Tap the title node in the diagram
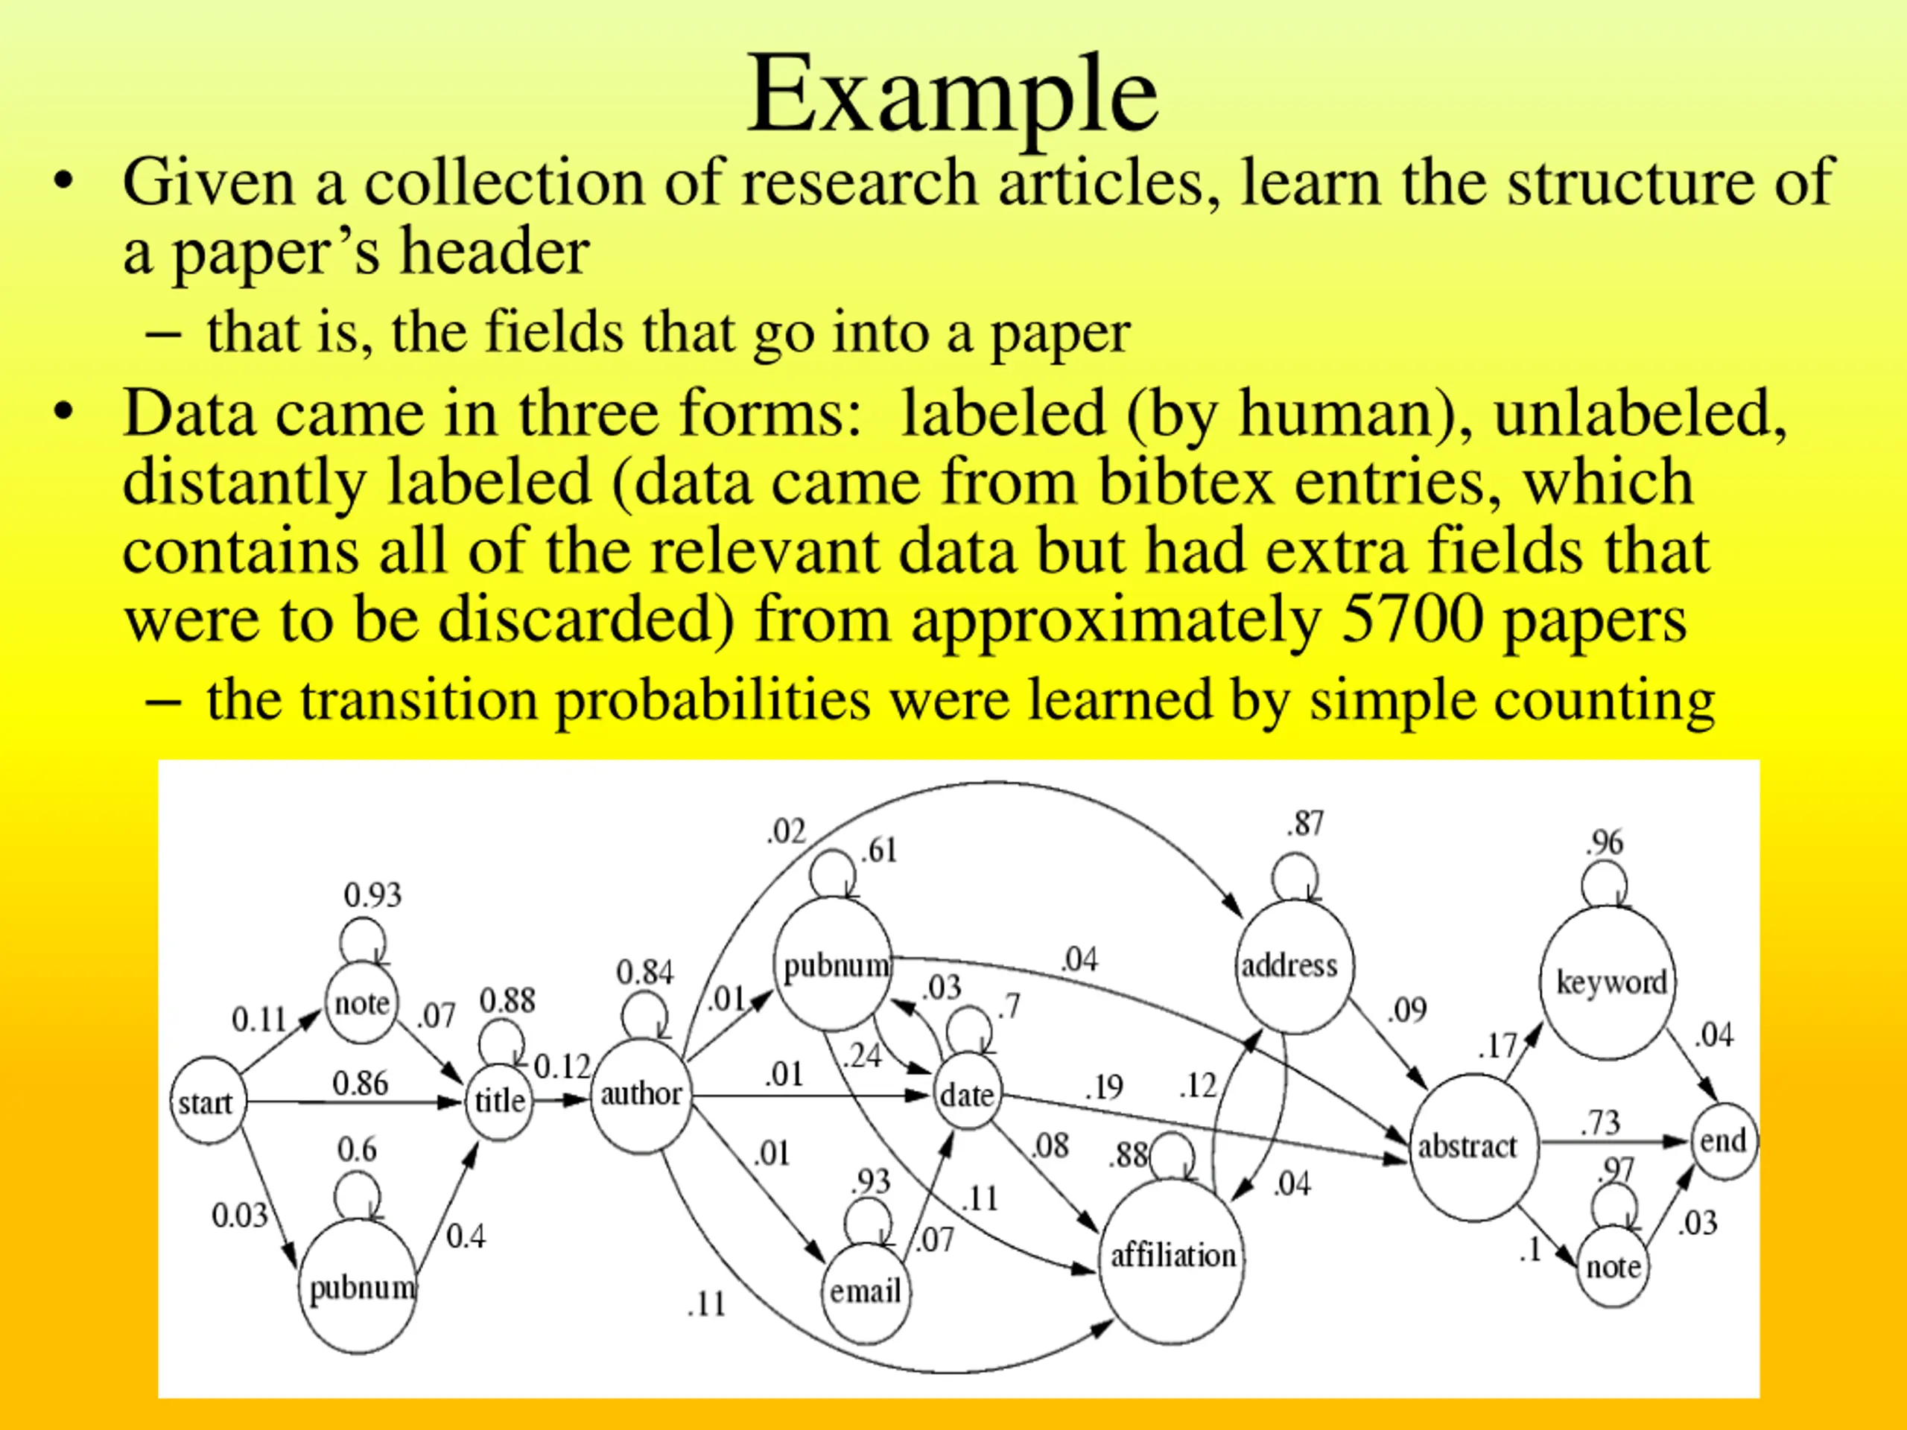pos(499,1101)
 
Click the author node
pos(641,1095)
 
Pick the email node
pos(865,1291)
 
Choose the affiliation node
pos(1173,1256)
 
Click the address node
pos(1291,965)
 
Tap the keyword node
pos(1610,982)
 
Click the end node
pos(1722,1141)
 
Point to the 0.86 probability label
pos(361,1084)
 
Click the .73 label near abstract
pos(1600,1122)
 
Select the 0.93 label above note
pos(372,894)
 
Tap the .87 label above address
pos(1304,824)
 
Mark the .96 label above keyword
pos(1604,842)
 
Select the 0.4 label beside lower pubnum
pos(466,1237)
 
